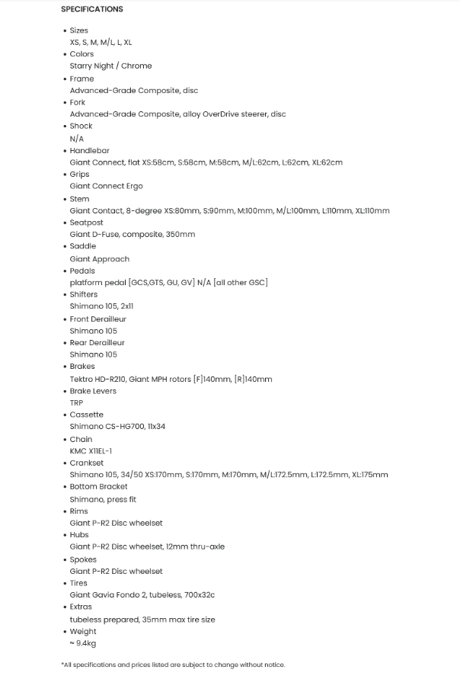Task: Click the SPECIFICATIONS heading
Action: coord(91,9)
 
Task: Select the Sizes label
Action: coord(78,30)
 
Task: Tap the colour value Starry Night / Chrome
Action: coord(110,66)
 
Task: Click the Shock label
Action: coord(81,126)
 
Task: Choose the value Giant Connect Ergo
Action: coord(106,186)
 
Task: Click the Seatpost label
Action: coord(86,223)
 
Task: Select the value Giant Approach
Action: coord(100,259)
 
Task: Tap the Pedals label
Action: coord(82,271)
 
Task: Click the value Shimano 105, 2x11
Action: coord(102,306)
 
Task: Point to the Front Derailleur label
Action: coord(97,319)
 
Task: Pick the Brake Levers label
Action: coord(93,391)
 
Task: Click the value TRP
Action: coord(76,402)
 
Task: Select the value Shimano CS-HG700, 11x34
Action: coord(117,427)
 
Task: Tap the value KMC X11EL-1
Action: coord(91,451)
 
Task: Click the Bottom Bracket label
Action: coord(98,486)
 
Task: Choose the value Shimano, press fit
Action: coord(103,499)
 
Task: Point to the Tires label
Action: coord(78,583)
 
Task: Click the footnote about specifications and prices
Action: coord(173,665)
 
